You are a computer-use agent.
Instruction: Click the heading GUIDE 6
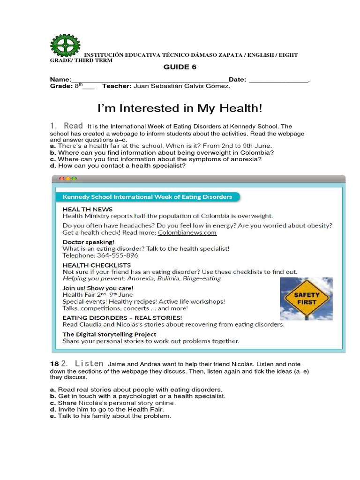point(180,67)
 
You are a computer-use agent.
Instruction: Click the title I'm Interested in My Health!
point(180,108)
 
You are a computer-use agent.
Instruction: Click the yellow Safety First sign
point(306,299)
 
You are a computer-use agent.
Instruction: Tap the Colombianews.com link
point(187,232)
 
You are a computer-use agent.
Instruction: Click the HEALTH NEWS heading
point(87,209)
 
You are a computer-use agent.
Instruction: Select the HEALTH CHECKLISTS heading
point(97,265)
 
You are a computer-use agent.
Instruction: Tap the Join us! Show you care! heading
point(98,288)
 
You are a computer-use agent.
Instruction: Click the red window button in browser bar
point(61,179)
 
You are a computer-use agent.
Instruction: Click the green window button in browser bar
point(74,179)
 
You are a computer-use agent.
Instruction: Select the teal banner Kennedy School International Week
point(147,197)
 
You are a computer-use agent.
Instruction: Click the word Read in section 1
point(73,126)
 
